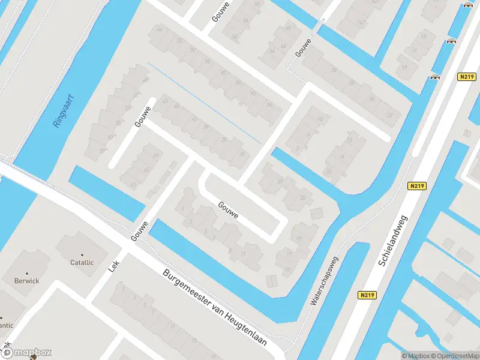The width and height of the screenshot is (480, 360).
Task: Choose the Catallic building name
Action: [x=82, y=262]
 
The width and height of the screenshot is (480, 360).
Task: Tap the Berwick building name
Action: [x=27, y=280]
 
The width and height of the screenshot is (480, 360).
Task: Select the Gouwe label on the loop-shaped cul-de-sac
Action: [x=229, y=209]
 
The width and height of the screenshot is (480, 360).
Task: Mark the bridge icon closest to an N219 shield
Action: [x=435, y=77]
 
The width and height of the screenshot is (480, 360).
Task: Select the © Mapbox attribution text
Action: [x=416, y=356]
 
